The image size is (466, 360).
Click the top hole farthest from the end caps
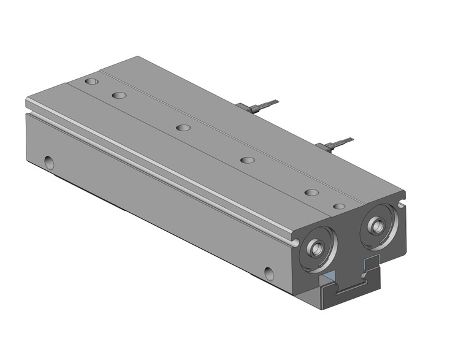tap(91, 81)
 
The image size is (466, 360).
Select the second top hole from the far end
tap(119, 96)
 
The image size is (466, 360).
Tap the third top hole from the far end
tap(183, 128)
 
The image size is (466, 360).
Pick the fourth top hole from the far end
tap(247, 160)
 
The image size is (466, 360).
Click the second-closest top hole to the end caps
tap(311, 192)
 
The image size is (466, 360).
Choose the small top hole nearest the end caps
tap(339, 207)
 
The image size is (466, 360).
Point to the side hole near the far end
tap(49, 163)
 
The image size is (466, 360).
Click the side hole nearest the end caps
tap(269, 273)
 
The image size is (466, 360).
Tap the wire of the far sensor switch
tap(267, 104)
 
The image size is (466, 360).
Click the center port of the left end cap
tap(317, 248)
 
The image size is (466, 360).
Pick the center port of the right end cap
tap(375, 225)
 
